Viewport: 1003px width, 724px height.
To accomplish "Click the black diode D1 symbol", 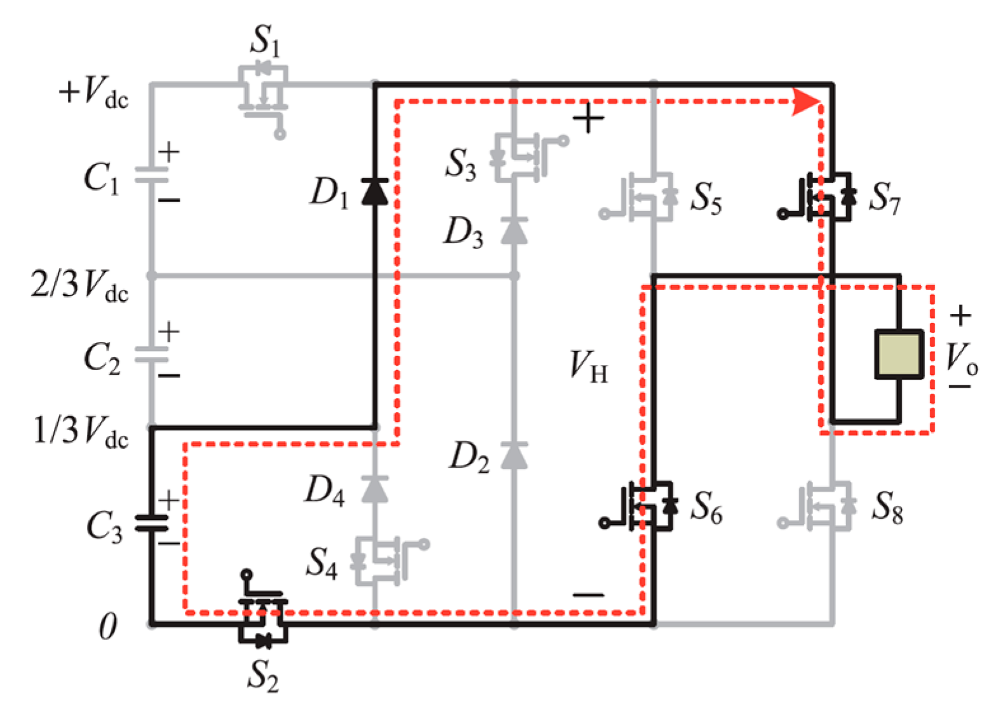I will click(x=375, y=191).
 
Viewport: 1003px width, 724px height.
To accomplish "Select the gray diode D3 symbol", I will click(x=514, y=230).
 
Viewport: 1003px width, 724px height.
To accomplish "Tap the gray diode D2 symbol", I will click(x=514, y=455).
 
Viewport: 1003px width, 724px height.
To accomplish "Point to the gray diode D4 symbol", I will click(x=375, y=489).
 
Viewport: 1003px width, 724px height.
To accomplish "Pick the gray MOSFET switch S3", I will click(x=522, y=155).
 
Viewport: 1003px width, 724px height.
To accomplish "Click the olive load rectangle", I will click(x=899, y=355).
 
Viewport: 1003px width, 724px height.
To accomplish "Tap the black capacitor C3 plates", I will click(x=152, y=523).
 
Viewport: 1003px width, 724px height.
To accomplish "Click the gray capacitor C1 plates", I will click(x=152, y=175).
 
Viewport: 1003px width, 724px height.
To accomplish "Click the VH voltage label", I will click(x=588, y=367).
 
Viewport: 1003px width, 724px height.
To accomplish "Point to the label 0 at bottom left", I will click(x=108, y=626).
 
